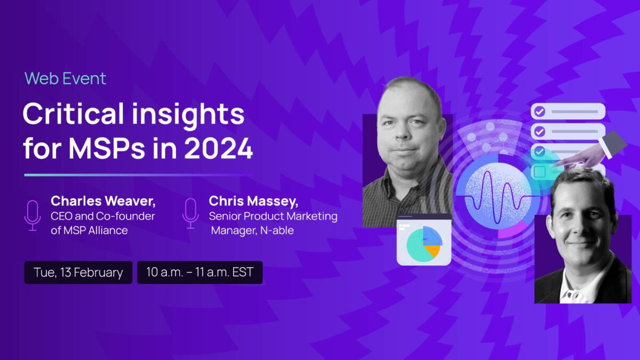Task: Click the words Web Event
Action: pos(65,78)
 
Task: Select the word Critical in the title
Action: pos(73,114)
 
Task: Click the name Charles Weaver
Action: pos(103,201)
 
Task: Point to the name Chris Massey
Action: pos(253,201)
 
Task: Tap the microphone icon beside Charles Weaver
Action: pos(33,215)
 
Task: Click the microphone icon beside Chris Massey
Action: pos(190,214)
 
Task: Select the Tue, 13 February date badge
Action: pos(78,273)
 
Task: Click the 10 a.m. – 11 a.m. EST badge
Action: pos(199,273)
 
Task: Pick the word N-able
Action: pos(277,230)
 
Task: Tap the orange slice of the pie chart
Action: pos(433,251)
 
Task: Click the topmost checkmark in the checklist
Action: pos(539,111)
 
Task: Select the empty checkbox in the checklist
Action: pos(540,171)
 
